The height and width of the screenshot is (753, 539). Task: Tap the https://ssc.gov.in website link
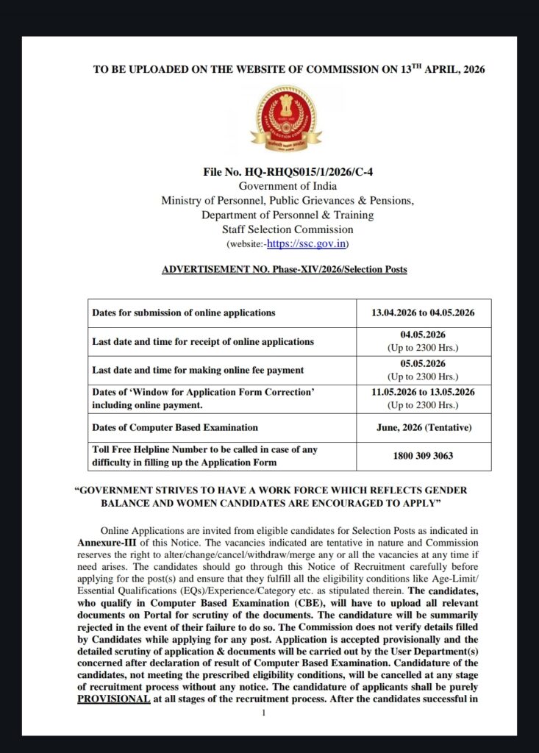(x=307, y=244)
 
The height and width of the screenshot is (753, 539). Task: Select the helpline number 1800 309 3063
(x=423, y=455)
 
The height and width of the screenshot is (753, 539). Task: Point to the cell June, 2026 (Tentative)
(x=423, y=427)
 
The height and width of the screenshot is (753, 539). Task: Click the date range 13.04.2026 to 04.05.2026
(x=423, y=313)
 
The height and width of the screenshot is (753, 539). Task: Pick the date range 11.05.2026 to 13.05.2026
(x=423, y=393)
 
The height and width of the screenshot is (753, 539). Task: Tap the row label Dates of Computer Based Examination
(x=175, y=427)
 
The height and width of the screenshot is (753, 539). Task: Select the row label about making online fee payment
(x=198, y=370)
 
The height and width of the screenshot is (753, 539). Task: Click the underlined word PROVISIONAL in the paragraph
(x=113, y=699)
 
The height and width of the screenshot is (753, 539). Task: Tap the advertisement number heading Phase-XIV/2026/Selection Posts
(x=284, y=269)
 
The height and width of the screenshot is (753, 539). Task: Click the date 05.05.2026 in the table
(x=423, y=364)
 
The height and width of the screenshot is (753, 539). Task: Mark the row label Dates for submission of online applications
(x=184, y=313)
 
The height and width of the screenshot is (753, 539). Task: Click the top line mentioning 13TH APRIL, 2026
(x=289, y=69)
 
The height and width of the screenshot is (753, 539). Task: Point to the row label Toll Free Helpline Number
(x=204, y=449)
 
